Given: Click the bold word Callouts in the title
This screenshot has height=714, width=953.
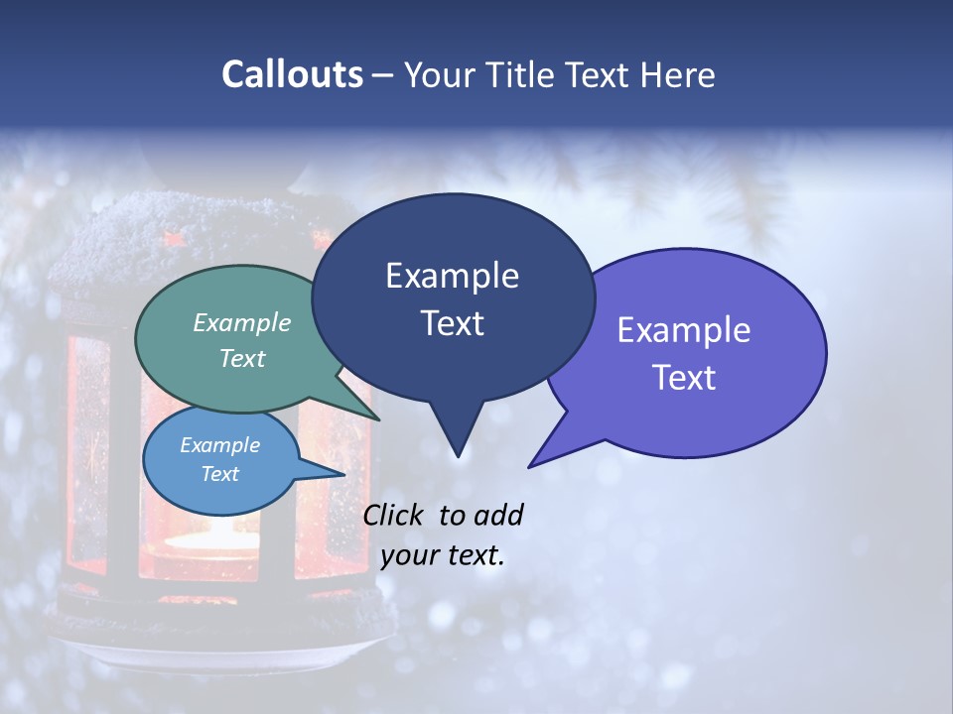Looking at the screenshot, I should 293,74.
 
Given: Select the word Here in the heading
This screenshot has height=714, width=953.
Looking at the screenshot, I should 678,75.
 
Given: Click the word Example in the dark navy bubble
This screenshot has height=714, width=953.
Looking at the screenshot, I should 452,276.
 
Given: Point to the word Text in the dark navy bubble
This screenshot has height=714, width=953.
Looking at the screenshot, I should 452,323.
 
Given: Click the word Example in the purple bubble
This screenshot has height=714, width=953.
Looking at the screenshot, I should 684,330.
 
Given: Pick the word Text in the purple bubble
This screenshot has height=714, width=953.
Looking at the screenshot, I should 684,378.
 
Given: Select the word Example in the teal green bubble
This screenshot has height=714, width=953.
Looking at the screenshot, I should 242,323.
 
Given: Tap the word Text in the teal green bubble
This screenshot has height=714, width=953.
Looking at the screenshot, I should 242,359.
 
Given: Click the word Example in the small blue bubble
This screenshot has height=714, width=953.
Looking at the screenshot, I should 220,445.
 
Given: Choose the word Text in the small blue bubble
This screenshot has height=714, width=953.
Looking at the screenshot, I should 220,474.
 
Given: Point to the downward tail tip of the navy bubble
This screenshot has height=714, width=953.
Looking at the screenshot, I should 458,456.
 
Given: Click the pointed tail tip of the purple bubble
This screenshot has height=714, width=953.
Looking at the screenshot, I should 530,466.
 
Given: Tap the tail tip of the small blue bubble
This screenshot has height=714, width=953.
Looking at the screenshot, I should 343,474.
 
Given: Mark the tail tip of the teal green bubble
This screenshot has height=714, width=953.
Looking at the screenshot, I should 379,419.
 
